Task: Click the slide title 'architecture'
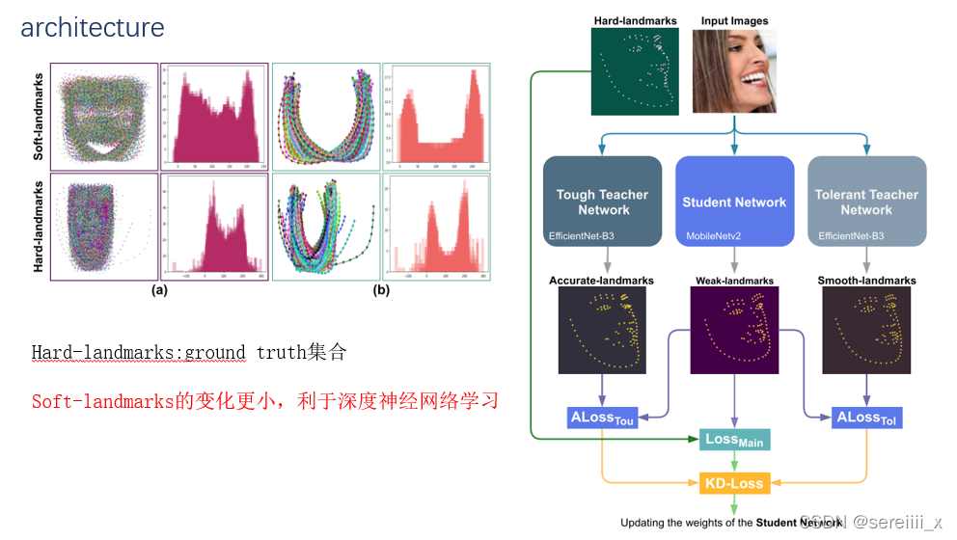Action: coord(93,28)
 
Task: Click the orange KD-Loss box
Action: coord(734,483)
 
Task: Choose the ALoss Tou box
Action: coord(602,418)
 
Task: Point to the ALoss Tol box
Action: coord(866,418)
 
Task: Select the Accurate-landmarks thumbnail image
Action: coord(602,331)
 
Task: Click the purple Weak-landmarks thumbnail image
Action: coord(735,331)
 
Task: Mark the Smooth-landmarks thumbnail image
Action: coord(866,331)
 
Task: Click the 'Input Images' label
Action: coord(735,20)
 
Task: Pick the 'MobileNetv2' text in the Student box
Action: coord(713,235)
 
